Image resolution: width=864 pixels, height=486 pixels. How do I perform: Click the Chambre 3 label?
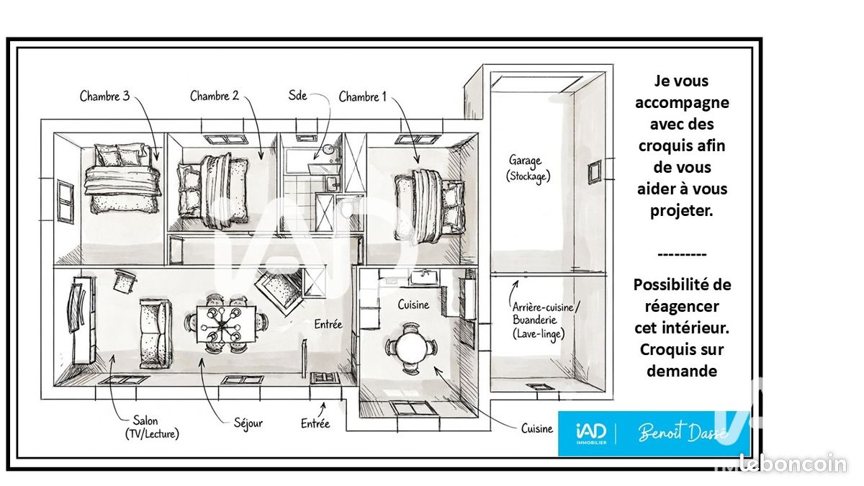(x=104, y=96)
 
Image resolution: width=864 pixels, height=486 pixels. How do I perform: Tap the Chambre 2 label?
(x=215, y=96)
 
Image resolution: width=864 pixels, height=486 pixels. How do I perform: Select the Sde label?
(x=297, y=95)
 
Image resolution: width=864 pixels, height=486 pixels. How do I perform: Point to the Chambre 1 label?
(x=362, y=96)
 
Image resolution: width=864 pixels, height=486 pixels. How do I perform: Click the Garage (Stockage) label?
(x=528, y=168)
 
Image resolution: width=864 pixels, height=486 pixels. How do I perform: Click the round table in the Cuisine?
(x=411, y=348)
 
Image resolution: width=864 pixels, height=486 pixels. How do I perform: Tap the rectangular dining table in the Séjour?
(x=226, y=324)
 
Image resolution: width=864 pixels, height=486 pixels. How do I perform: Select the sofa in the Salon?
(x=156, y=333)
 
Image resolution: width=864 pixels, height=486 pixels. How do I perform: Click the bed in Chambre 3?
(x=123, y=179)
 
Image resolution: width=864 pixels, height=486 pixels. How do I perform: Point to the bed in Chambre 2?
(x=213, y=191)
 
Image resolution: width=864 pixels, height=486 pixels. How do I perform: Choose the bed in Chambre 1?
(x=429, y=207)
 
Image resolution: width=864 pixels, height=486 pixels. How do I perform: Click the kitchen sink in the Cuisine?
(x=424, y=276)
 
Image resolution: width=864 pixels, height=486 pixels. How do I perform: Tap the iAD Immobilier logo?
(x=591, y=434)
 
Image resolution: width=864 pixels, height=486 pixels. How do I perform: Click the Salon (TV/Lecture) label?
(x=152, y=427)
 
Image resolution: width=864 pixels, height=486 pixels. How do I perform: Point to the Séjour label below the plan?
(x=248, y=423)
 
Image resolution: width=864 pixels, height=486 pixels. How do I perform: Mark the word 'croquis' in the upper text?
(x=662, y=146)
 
